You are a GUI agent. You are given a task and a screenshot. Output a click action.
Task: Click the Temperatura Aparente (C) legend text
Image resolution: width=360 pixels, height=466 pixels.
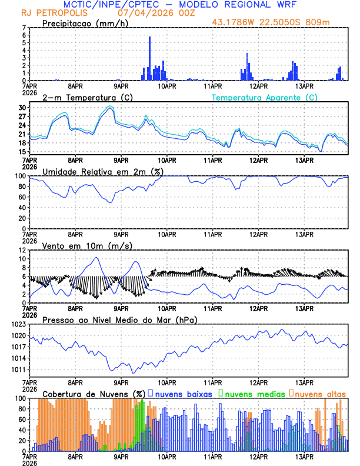pos(265,97)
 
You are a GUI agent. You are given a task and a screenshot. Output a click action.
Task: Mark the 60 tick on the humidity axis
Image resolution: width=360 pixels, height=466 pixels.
pos(23,197)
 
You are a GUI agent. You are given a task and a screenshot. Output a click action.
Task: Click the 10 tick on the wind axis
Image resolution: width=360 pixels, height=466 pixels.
pos(23,259)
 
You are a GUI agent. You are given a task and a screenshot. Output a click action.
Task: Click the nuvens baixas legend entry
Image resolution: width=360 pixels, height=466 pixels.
pos(183,394)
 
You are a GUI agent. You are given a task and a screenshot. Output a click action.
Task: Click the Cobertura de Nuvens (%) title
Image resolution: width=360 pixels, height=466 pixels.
pos(94,394)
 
